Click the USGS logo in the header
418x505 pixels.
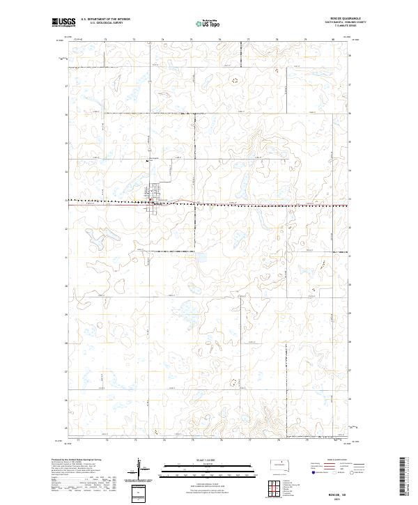point(62,22)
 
